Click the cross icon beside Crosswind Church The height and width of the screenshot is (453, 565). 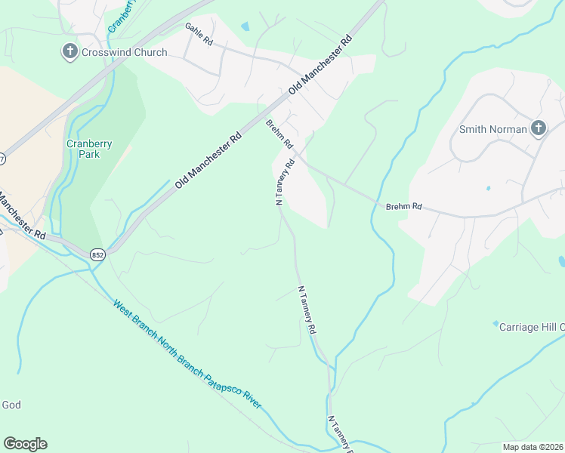[69, 52]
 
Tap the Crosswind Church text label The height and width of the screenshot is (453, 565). [124, 53]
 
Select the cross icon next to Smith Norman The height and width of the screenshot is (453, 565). [539, 128]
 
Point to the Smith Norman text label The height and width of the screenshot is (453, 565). [493, 129]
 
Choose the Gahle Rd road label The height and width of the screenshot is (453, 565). [199, 34]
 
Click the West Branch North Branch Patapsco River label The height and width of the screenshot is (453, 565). [187, 355]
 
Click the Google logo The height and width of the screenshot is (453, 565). [25, 444]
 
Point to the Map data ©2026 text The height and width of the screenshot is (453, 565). [533, 447]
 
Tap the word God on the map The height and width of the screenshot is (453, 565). [11, 405]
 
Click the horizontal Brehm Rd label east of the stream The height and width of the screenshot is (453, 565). [403, 205]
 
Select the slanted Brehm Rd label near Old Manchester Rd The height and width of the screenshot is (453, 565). [279, 134]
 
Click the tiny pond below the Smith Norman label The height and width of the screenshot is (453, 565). [489, 187]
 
